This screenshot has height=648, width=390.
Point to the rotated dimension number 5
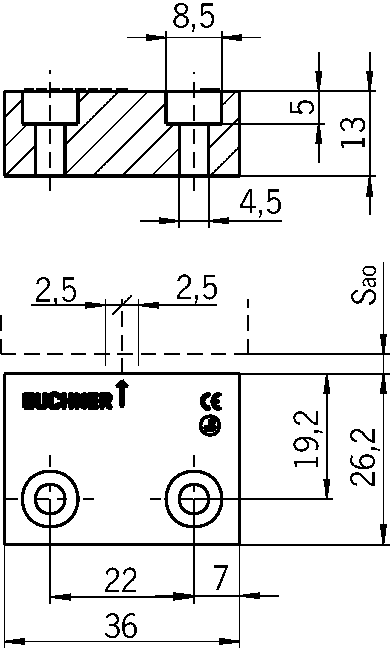point(301,108)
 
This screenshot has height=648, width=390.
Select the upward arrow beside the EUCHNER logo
point(122,394)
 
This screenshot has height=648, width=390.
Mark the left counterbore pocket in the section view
point(50,107)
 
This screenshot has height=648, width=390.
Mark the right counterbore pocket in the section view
point(194,107)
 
